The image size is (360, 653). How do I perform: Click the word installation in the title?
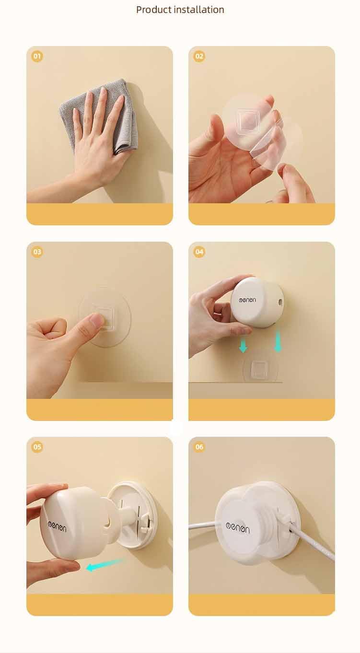click(199, 10)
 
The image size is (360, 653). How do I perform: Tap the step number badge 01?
click(37, 56)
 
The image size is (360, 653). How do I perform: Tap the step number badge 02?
click(199, 56)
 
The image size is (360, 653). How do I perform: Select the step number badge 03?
click(37, 252)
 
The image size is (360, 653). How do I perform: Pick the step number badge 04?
click(199, 252)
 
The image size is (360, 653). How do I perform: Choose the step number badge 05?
click(37, 447)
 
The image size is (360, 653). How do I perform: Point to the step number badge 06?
click(199, 447)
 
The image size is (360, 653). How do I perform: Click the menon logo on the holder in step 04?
click(247, 300)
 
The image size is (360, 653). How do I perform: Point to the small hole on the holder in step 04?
click(280, 303)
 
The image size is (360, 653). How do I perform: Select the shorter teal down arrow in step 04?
click(243, 347)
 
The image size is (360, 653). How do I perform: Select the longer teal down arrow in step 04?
click(278, 341)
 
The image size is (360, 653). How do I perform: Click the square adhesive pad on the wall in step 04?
click(260, 369)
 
